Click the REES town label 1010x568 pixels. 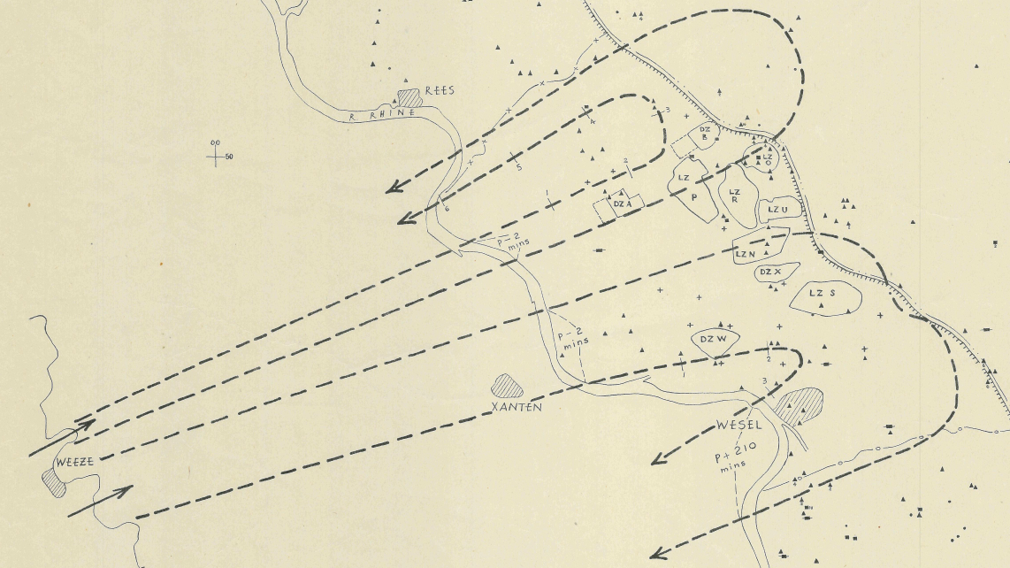pyautogui.click(x=440, y=90)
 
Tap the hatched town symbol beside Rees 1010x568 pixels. pyautogui.click(x=409, y=96)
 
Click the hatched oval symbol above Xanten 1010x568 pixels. pyautogui.click(x=508, y=385)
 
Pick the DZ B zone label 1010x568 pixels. pyautogui.click(x=705, y=133)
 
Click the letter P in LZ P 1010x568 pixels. pyautogui.click(x=694, y=198)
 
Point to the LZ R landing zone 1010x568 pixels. pyautogui.click(x=734, y=195)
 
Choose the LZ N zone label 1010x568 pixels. pyautogui.click(x=745, y=254)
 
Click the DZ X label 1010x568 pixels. pyautogui.click(x=770, y=272)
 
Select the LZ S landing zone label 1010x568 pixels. pyautogui.click(x=823, y=293)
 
